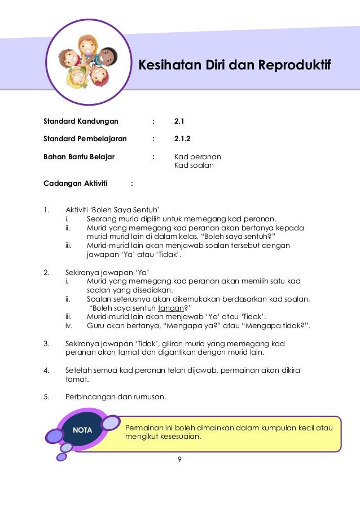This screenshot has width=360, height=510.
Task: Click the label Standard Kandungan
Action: (81, 121)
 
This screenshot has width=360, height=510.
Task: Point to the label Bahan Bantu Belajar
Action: (79, 156)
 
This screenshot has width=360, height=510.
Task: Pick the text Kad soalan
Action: (194, 165)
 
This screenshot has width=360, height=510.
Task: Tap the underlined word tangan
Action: (170, 308)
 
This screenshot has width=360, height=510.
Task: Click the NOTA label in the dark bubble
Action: (82, 431)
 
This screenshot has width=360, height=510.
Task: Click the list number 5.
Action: (46, 396)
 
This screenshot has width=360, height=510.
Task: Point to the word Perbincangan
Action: (90, 396)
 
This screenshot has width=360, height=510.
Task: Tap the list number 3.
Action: (46, 343)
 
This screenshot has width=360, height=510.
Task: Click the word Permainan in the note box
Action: (144, 428)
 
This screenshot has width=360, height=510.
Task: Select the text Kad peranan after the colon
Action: (197, 156)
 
